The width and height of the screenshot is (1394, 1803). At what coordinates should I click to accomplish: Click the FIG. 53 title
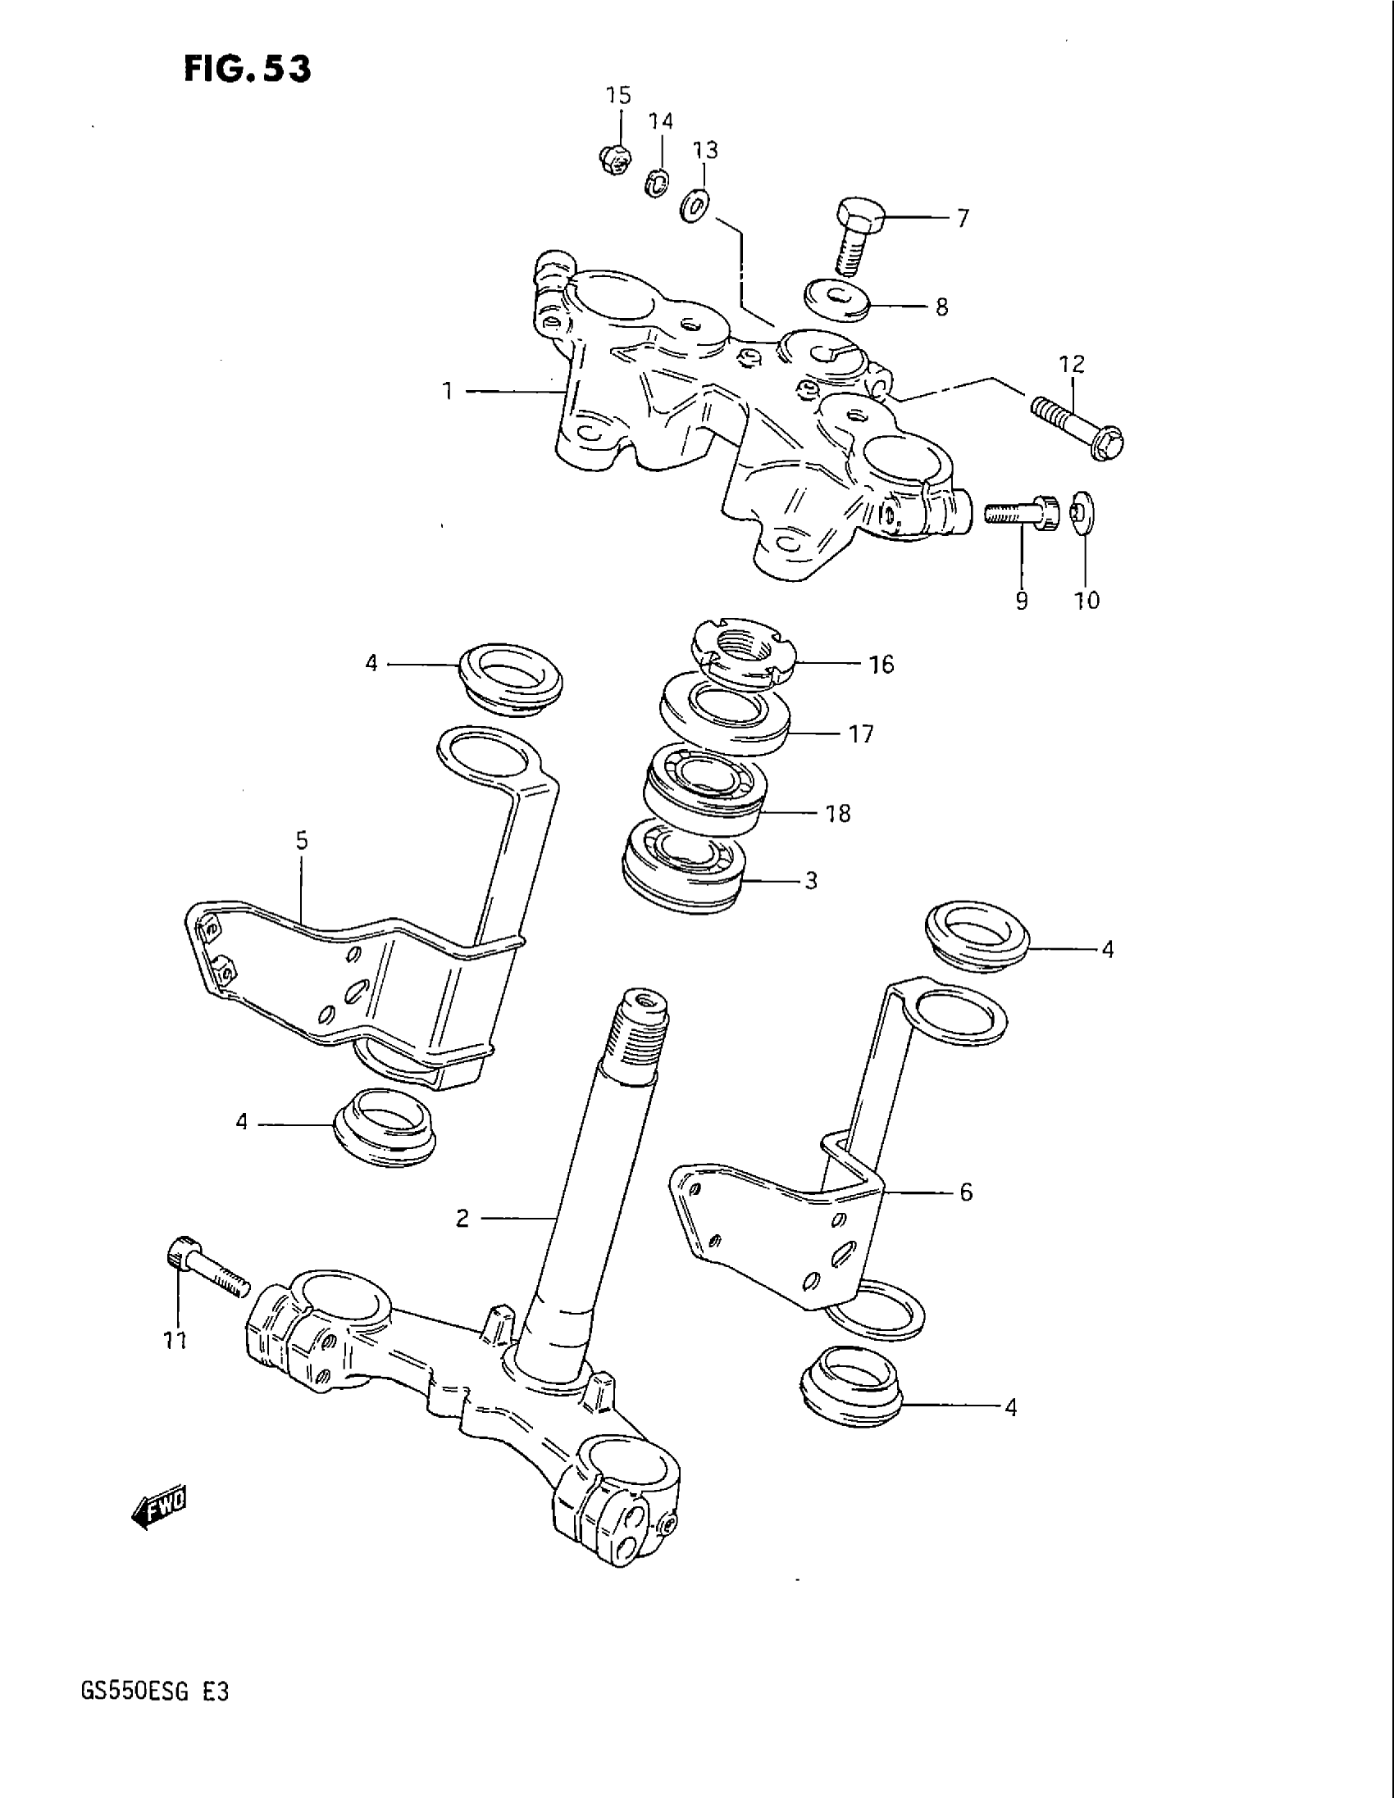pyautogui.click(x=247, y=69)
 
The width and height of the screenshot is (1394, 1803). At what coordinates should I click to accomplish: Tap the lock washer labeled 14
pyautogui.click(x=657, y=183)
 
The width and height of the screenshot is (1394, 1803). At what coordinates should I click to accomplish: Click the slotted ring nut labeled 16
pyautogui.click(x=745, y=656)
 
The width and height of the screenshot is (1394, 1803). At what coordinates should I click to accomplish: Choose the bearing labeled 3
pyautogui.click(x=685, y=867)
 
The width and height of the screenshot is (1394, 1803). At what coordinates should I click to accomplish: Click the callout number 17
pyautogui.click(x=860, y=733)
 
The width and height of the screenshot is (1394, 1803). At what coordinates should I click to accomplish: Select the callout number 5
pyautogui.click(x=302, y=840)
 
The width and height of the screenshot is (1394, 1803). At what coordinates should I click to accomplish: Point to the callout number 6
pyautogui.click(x=965, y=1192)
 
